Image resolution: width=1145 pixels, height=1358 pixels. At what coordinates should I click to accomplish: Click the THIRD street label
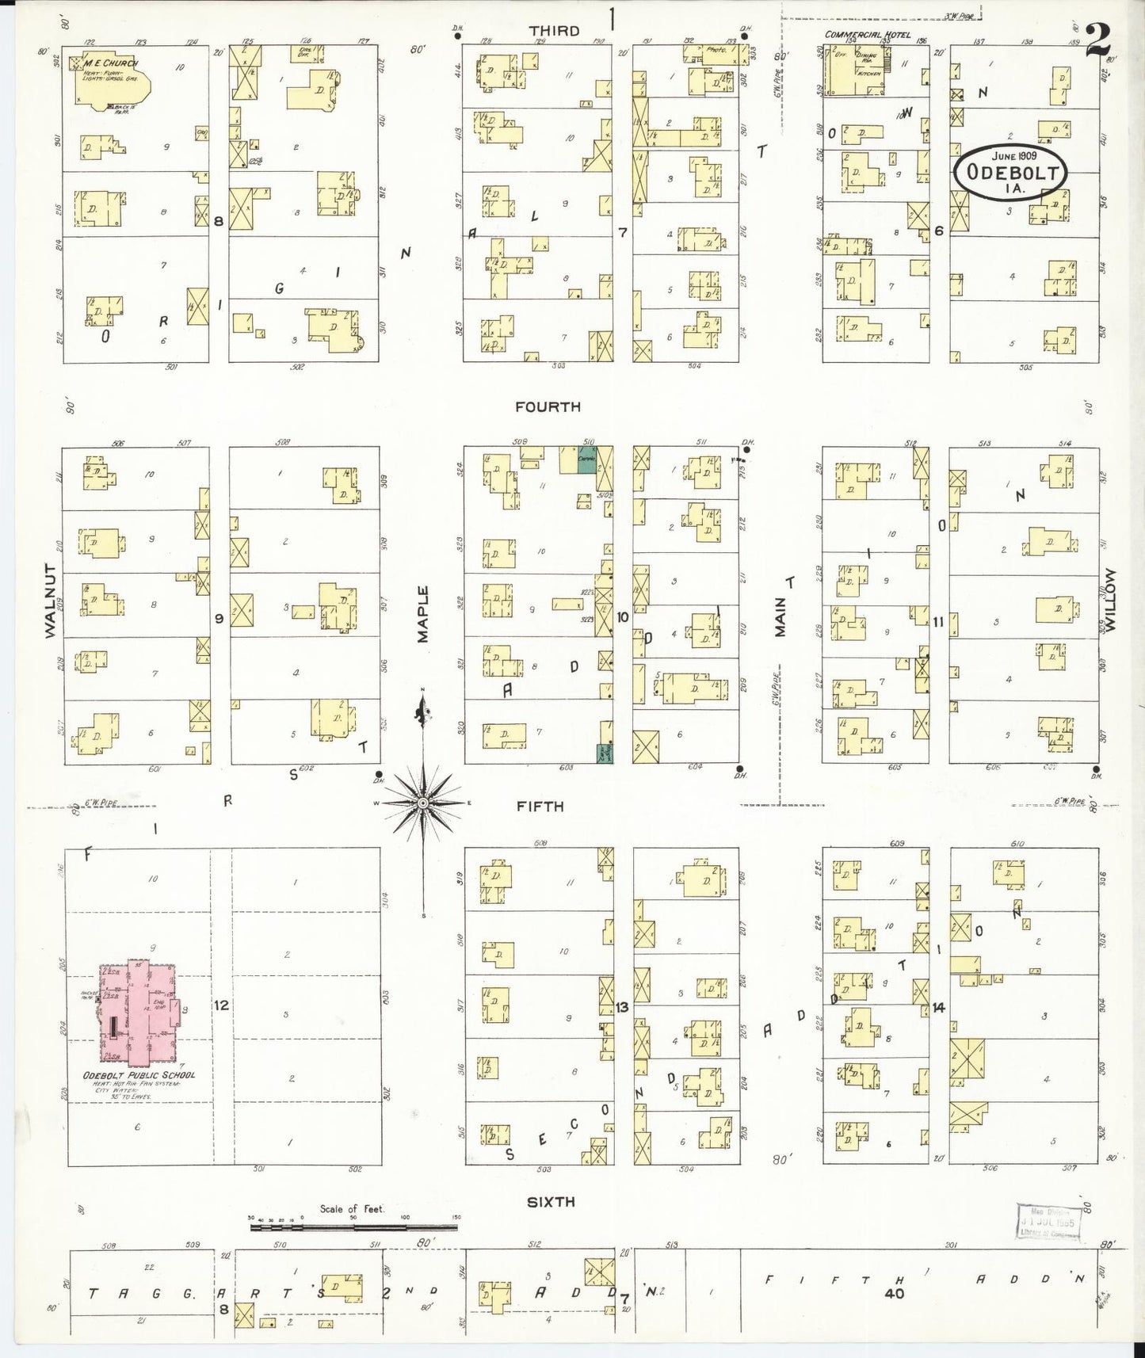pos(555,30)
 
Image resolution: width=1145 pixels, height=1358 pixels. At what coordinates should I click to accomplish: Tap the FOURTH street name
pos(548,406)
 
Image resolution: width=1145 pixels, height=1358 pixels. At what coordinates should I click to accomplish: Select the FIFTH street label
pos(540,806)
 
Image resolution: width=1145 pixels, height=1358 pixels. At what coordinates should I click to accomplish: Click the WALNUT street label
pos(51,601)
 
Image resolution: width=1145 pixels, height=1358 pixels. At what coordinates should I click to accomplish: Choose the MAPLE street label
pos(422,613)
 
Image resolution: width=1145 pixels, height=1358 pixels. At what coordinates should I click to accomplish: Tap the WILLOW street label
pos(1110,600)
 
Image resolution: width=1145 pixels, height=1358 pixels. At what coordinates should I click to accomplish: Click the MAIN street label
pos(781,616)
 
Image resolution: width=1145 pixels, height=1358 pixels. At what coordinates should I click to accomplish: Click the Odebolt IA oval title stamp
pos(1010,169)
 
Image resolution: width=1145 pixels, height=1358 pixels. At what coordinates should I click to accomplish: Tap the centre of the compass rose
pos(423,803)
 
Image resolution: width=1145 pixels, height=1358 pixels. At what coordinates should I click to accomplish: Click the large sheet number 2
pos(1097,40)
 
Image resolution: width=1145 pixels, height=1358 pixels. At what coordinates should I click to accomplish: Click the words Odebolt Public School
pos(139,1075)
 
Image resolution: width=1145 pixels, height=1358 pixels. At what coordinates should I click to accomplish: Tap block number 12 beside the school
pos(221,1005)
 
